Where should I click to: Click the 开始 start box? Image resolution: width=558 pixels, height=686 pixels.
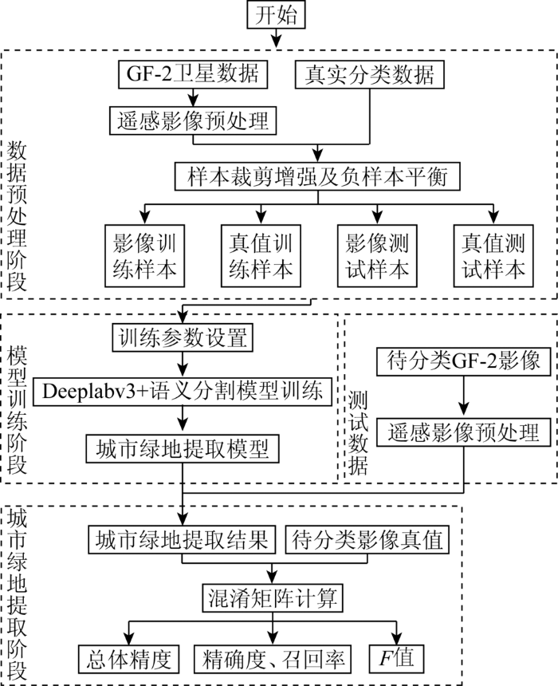(276, 14)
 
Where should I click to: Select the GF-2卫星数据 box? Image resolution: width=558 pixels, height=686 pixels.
(193, 74)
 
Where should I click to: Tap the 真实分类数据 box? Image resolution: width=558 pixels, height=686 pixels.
(370, 74)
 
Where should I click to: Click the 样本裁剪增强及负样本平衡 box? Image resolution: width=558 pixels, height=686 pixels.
(317, 176)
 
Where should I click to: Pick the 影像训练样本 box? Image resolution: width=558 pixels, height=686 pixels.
(144, 256)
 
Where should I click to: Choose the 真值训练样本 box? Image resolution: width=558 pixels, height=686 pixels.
(261, 256)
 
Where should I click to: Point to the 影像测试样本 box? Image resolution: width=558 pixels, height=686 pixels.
(377, 256)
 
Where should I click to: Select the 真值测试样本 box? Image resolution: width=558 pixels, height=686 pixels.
(493, 256)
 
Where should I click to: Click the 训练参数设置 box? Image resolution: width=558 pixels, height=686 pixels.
(183, 337)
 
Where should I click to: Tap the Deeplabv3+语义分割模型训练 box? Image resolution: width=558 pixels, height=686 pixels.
(183, 391)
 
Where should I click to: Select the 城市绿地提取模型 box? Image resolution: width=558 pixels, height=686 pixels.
(183, 448)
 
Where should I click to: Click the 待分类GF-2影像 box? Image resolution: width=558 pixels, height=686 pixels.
(464, 361)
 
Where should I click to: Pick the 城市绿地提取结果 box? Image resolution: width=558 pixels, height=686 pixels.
(182, 539)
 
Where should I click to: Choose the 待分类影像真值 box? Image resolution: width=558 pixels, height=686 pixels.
(367, 539)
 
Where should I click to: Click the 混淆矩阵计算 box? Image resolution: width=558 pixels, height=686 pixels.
(273, 597)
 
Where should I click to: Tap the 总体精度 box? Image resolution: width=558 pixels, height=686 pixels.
(129, 659)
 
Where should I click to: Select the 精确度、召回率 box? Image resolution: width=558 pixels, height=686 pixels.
(273, 659)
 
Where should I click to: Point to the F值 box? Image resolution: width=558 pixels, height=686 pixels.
(397, 659)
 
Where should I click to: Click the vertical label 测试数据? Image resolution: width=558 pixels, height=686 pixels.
(358, 432)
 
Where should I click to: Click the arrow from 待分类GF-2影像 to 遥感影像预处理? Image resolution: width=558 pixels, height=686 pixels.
(464, 395)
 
